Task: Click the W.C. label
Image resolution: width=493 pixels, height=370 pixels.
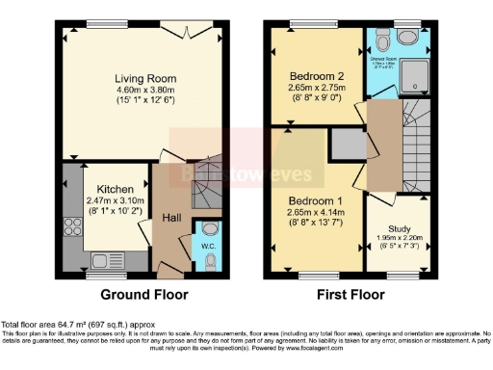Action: click(208, 261)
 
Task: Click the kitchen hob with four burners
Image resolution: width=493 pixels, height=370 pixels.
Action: click(69, 228)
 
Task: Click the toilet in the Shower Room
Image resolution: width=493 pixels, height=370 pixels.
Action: click(384, 41)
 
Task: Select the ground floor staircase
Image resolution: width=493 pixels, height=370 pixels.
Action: click(207, 184)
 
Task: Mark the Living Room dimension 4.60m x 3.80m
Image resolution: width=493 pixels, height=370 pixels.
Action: click(143, 92)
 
